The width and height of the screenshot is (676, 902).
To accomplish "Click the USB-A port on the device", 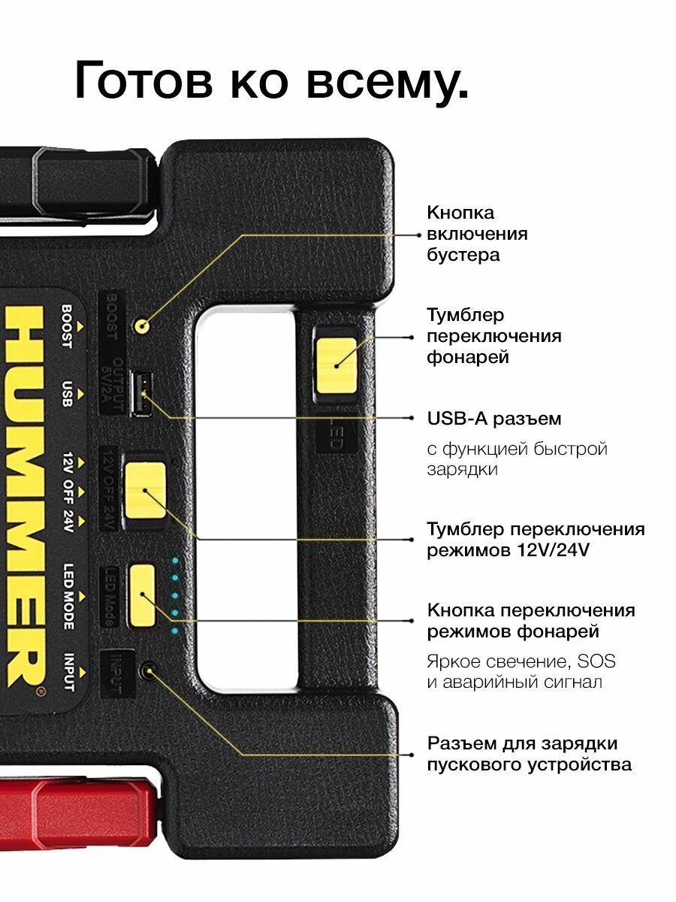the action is pos(140,393).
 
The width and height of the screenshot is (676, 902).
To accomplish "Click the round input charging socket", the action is pos(150,669).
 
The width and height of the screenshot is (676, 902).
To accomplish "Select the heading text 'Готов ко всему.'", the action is pos(271,82).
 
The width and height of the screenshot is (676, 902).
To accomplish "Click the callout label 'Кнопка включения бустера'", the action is pos(477,234).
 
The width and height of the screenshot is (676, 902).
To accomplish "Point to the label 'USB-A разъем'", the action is pos(494,418).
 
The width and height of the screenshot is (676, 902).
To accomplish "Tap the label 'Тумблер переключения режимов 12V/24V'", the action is pos(536,540).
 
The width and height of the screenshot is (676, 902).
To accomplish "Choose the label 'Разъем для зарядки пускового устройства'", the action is pos(530,754).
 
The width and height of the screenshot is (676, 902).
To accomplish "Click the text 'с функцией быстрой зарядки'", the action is pos(517,459).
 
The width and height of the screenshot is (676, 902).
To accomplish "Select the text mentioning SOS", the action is pos(521,672).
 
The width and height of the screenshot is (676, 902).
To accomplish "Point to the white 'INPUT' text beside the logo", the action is pos(67,673).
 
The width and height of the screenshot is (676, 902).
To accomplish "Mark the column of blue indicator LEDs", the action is pos(175,595).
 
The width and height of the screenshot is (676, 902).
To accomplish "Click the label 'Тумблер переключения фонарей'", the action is pos(493,335).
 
